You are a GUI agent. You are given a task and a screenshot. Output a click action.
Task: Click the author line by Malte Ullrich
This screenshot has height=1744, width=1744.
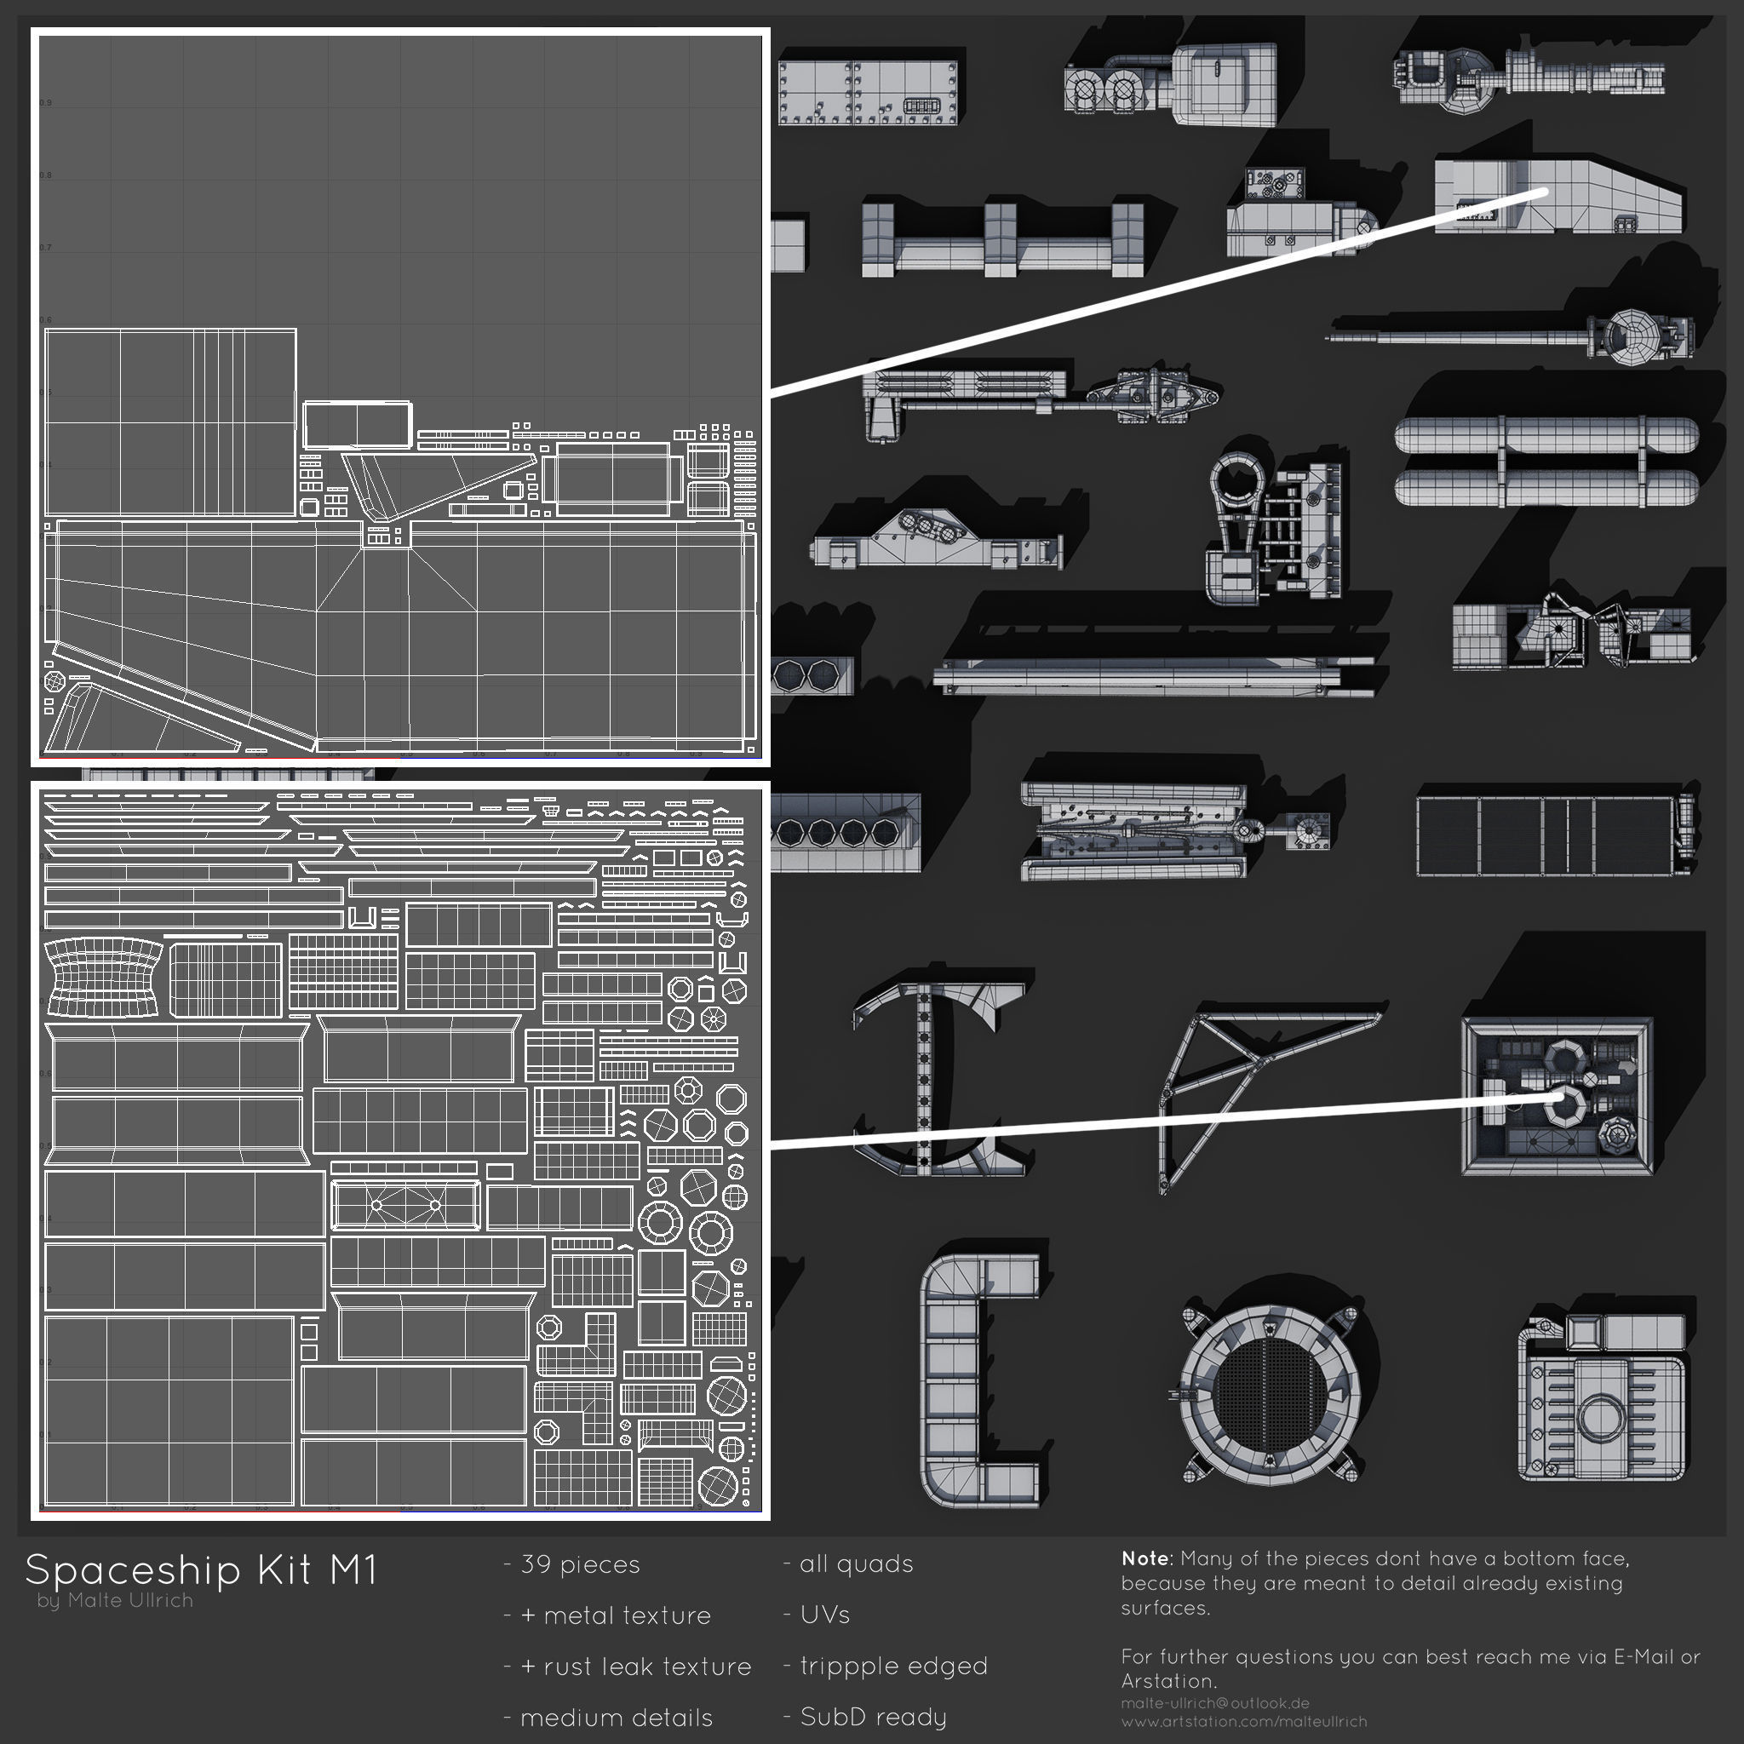[116, 1600]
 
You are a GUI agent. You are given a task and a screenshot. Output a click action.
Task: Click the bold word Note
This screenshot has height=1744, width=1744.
[1144, 1558]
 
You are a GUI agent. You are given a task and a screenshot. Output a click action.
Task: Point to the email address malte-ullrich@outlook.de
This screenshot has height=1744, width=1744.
[1214, 1703]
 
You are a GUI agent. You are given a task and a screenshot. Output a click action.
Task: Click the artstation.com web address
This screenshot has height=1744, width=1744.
[1244, 1721]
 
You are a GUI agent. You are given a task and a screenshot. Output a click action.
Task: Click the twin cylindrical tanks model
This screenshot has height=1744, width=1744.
[1546, 462]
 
